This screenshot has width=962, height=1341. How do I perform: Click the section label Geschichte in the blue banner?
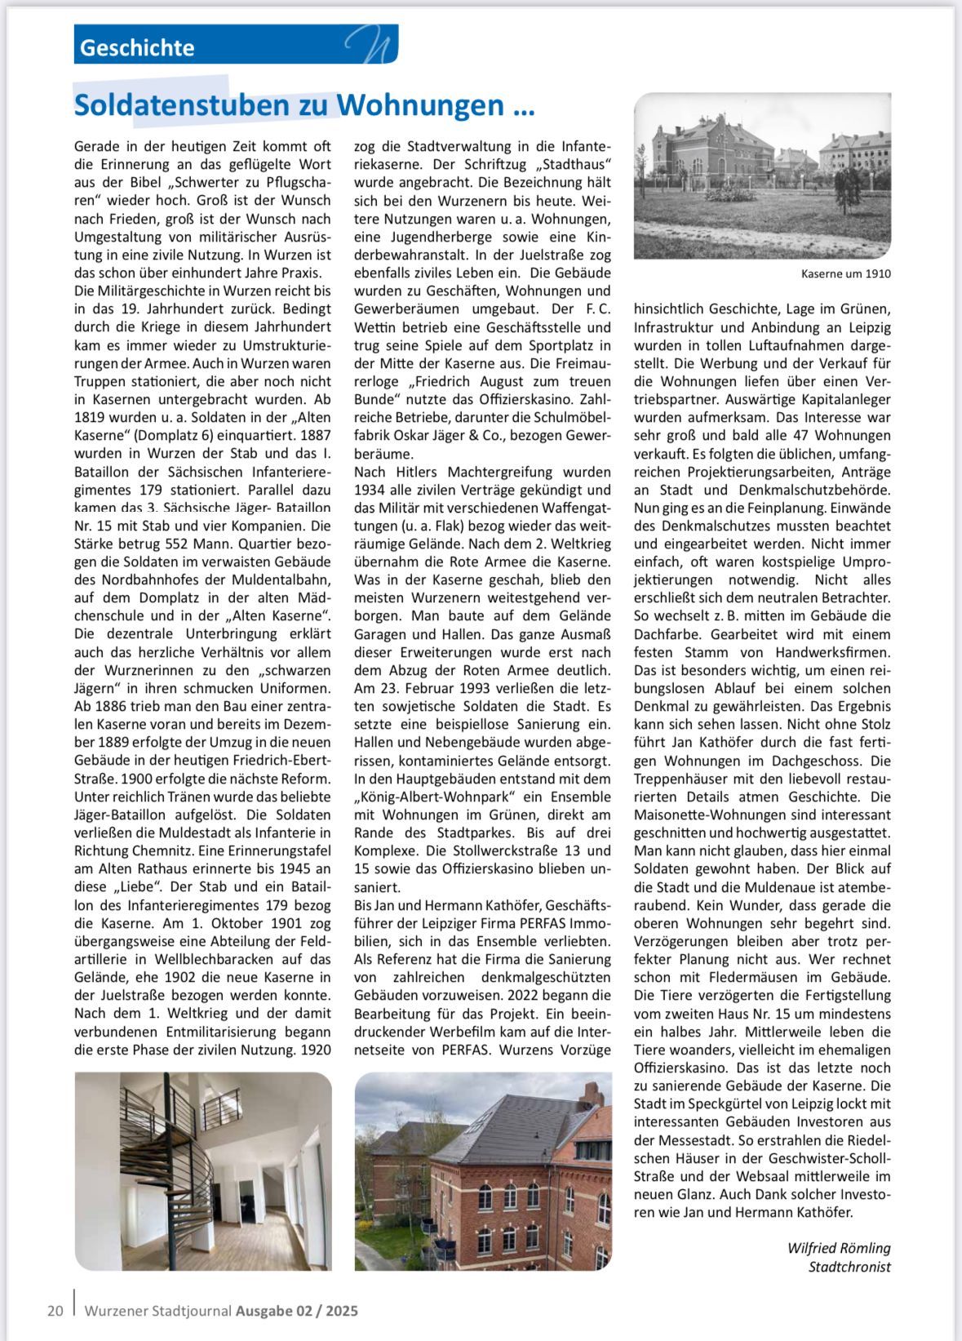pos(137,47)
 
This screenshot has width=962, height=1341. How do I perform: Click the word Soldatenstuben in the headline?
pos(181,105)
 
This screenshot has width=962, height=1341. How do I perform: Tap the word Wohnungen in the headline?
pos(420,105)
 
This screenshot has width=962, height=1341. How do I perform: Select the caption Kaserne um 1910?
pos(846,273)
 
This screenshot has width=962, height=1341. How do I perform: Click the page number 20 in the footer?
pos(55,1311)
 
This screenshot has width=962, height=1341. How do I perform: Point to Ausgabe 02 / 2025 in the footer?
pos(297,1311)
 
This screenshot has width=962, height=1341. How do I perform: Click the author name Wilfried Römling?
pos(839,1248)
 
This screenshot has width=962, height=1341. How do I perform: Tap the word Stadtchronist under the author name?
pos(849,1267)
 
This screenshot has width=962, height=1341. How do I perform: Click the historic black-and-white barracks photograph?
pos(762,175)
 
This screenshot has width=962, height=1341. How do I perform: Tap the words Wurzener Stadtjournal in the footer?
pos(158,1311)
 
